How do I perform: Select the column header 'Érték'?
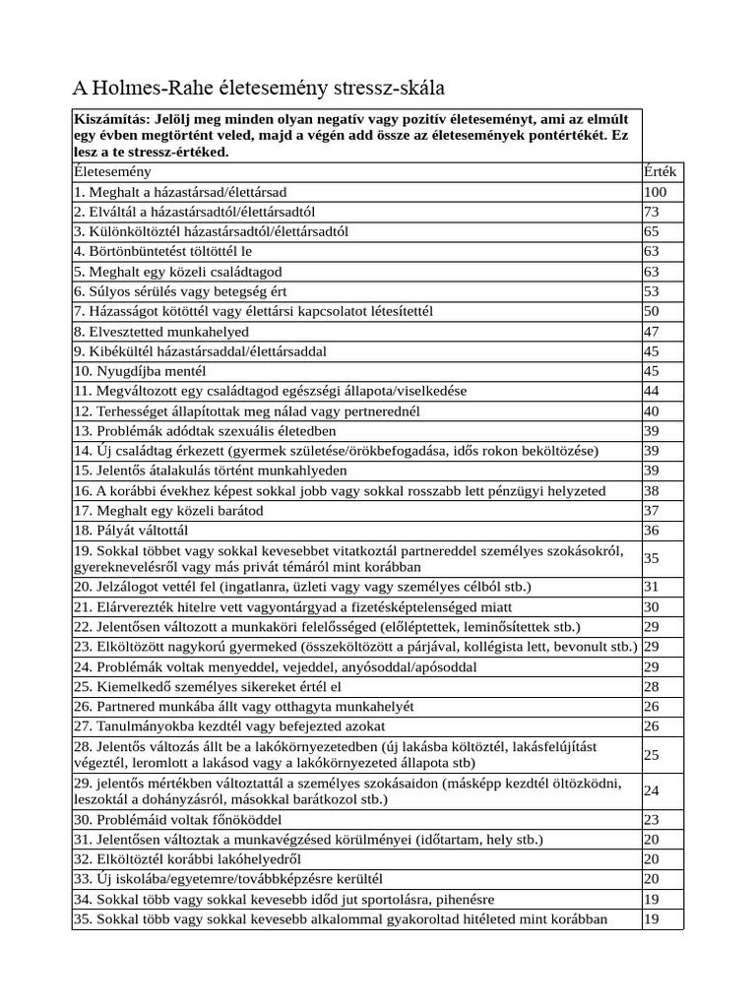pyautogui.click(x=659, y=172)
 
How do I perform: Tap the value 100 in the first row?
pyautogui.click(x=655, y=192)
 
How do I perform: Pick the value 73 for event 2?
pyautogui.click(x=651, y=212)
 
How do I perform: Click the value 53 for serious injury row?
pyautogui.click(x=651, y=291)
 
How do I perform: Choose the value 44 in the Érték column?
pyautogui.click(x=651, y=391)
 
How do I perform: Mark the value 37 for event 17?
pyautogui.click(x=651, y=511)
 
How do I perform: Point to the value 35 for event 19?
pyautogui.click(x=651, y=558)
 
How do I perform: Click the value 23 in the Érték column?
pyautogui.click(x=651, y=819)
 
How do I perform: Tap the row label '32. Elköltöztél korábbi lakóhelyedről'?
pyautogui.click(x=188, y=858)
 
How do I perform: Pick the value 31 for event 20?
pyautogui.click(x=651, y=587)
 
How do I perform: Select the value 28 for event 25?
pyautogui.click(x=651, y=686)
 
